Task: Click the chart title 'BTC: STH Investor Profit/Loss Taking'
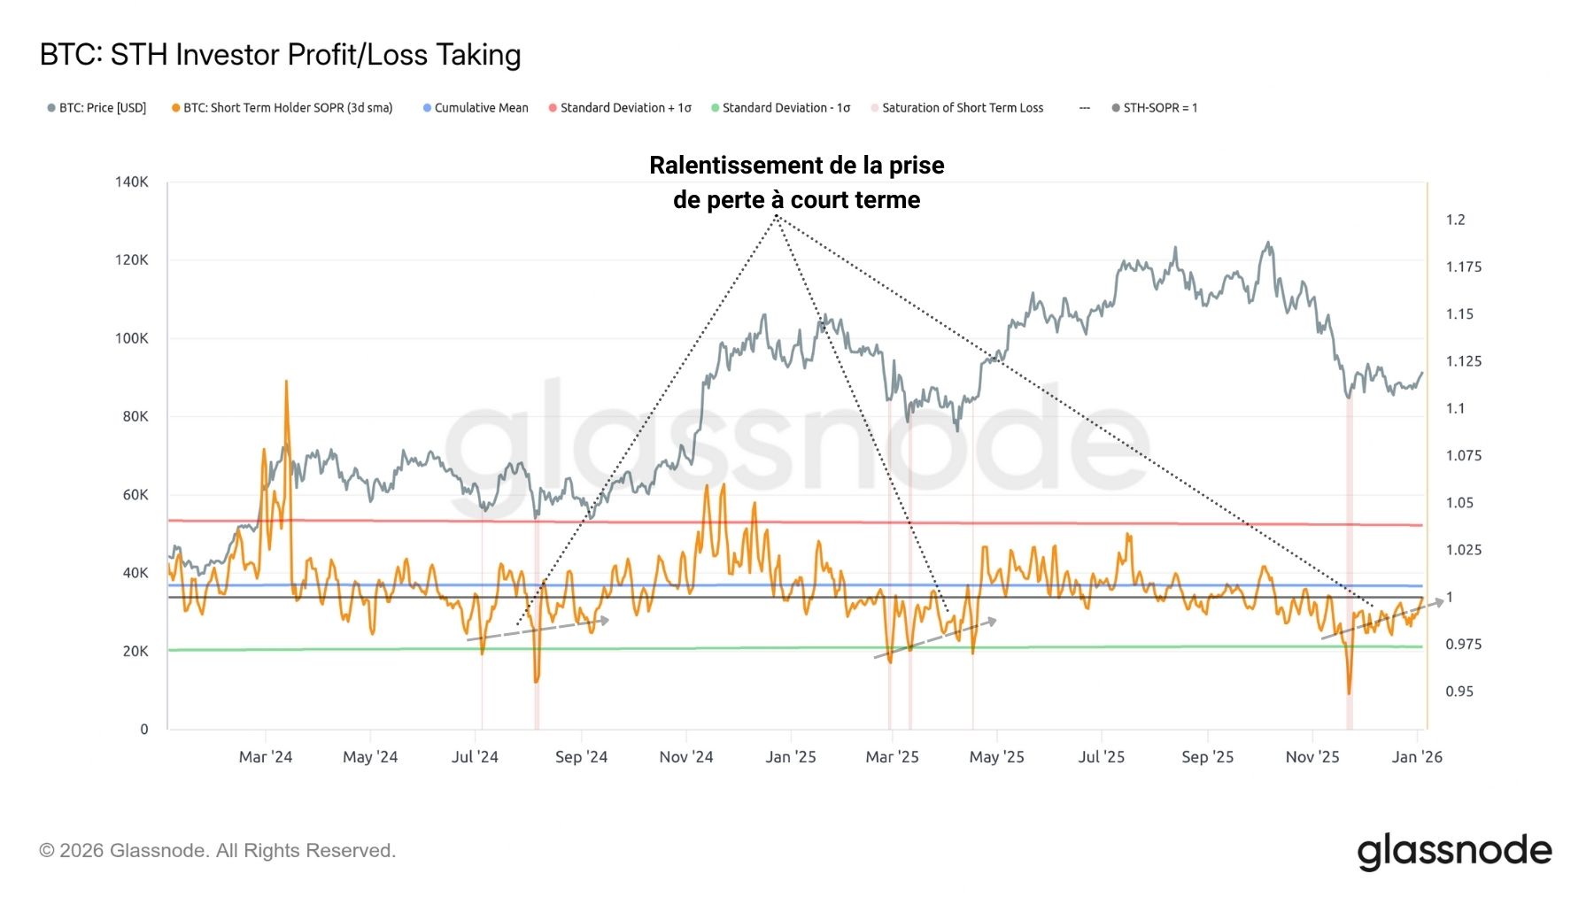[x=280, y=55]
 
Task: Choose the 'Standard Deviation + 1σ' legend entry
[x=625, y=108]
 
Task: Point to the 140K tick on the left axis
[x=132, y=182]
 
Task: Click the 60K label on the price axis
[x=135, y=495]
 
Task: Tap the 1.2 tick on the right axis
[x=1456, y=220]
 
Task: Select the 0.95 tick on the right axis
[x=1459, y=692]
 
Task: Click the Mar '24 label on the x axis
[x=266, y=757]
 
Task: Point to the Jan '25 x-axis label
[x=791, y=757]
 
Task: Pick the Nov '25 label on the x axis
[x=1312, y=757]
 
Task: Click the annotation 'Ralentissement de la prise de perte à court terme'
[x=797, y=182]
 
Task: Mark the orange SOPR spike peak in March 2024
[x=286, y=382]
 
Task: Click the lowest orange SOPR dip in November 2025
[x=1349, y=692]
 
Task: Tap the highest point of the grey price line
[x=1268, y=243]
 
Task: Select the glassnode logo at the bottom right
[x=1454, y=852]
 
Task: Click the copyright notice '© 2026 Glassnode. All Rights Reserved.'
[x=218, y=851]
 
